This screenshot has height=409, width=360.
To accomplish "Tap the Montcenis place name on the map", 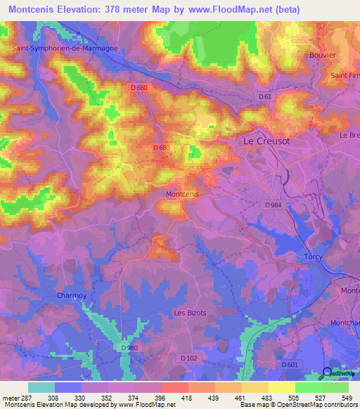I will click(181, 194).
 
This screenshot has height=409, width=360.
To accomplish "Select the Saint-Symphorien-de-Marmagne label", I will click(65, 48).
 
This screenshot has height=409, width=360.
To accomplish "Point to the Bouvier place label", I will click(323, 54).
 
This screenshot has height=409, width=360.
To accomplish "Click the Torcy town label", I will click(313, 257).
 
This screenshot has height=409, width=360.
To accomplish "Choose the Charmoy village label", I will click(71, 296).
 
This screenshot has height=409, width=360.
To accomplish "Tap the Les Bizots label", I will click(190, 313).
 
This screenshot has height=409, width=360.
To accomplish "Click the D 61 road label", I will click(265, 96).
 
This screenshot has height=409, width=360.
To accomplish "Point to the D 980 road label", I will click(129, 348).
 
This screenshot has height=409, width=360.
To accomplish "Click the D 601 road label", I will click(289, 365).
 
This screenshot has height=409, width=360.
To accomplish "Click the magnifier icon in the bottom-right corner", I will click(327, 372).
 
